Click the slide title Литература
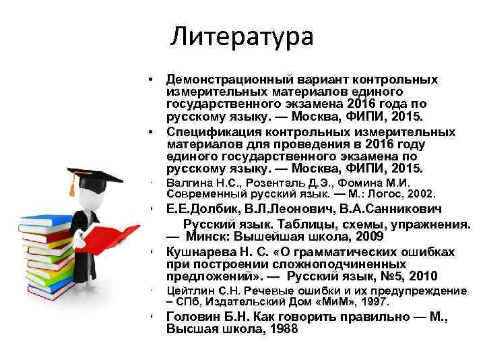[242, 36]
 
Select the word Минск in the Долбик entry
[209, 237]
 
